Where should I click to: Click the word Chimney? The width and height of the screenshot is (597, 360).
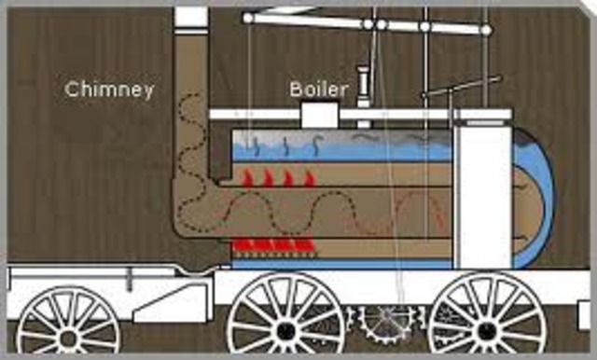pyautogui.click(x=109, y=90)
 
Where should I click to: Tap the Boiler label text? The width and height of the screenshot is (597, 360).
pyautogui.click(x=317, y=90)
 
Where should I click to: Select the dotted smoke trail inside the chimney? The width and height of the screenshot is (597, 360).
pyautogui.click(x=191, y=149)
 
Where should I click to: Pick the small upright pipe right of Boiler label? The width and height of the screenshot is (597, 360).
pyautogui.click(x=363, y=86)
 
